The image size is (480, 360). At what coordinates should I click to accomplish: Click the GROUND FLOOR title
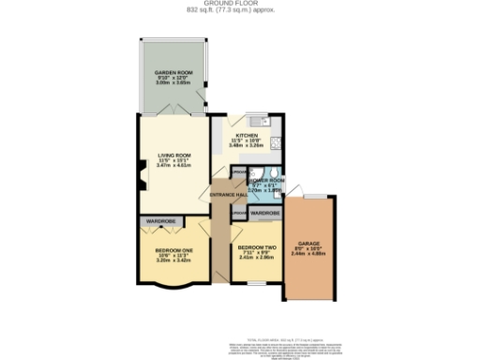click(x=240, y=4)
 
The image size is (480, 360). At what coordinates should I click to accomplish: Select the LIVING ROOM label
click(x=173, y=156)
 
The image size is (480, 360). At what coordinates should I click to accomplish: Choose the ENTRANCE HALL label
click(x=228, y=194)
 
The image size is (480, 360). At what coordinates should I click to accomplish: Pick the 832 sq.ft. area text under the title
click(x=240, y=11)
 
